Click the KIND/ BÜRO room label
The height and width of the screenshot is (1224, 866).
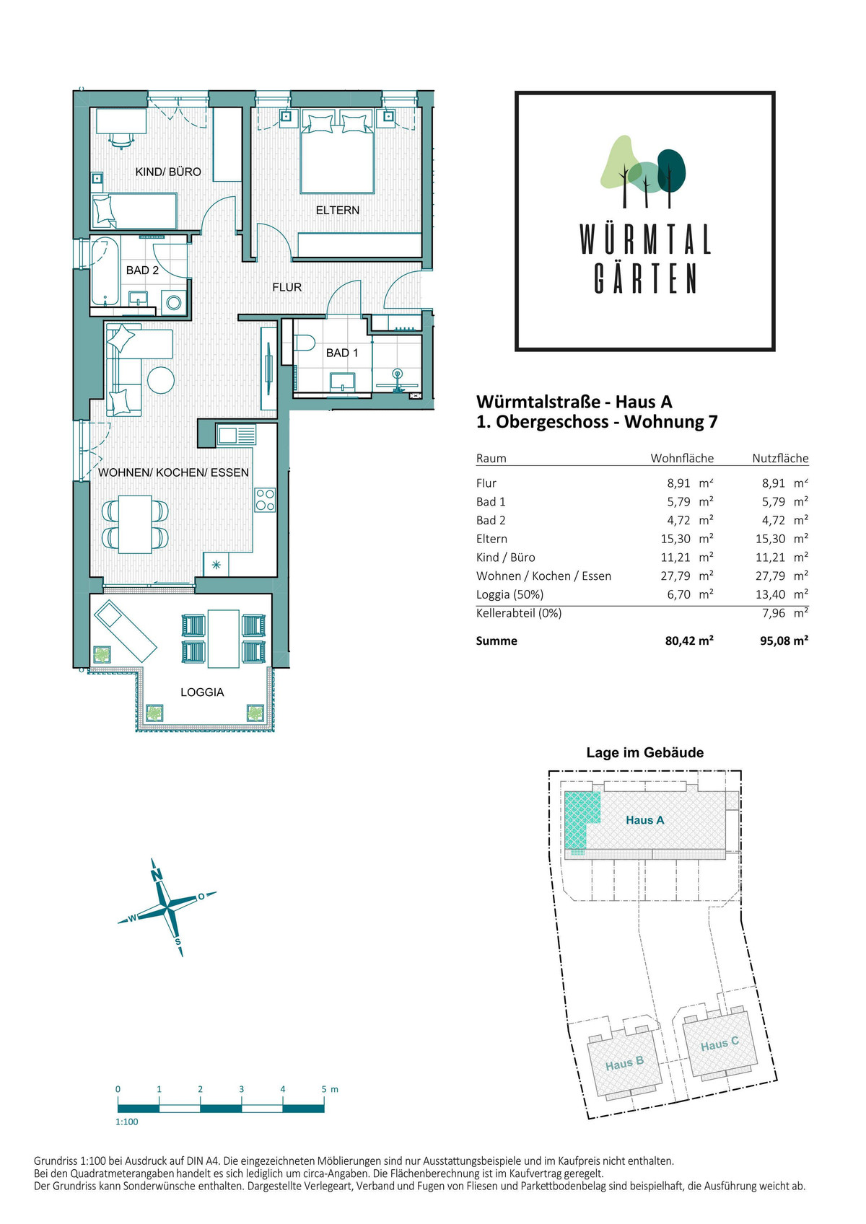click(168, 172)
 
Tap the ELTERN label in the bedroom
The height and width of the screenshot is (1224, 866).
click(337, 210)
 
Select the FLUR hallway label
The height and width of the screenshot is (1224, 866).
click(287, 287)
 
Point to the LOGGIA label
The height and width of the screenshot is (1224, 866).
click(202, 692)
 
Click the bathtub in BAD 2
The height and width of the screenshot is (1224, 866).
click(105, 271)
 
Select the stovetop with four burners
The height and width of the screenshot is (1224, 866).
click(265, 500)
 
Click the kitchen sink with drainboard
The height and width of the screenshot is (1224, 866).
click(236, 436)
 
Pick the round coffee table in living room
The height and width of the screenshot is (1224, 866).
click(161, 379)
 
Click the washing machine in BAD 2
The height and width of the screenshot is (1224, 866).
click(175, 302)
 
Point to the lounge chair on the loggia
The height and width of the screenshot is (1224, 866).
click(126, 631)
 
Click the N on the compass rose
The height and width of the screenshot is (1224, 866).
click(157, 875)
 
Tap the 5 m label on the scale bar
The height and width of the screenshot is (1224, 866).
click(330, 1089)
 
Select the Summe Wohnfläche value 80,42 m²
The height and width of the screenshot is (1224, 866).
click(689, 640)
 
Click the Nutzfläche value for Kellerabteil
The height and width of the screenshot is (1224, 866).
click(785, 613)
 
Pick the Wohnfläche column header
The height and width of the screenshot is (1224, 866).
click(682, 458)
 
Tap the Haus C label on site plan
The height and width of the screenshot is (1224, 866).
click(720, 1044)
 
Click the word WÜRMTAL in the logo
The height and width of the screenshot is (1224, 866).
click(645, 240)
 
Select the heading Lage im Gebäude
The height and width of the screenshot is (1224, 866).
click(645, 752)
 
